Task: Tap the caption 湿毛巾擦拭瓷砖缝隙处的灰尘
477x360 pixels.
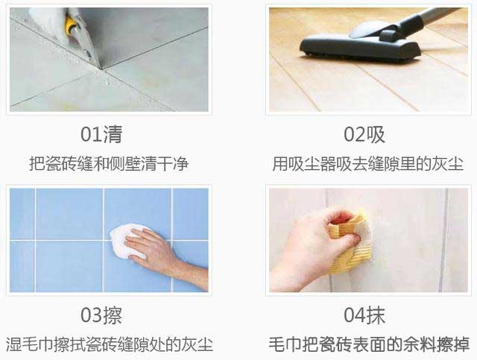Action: pyautogui.click(x=109, y=344)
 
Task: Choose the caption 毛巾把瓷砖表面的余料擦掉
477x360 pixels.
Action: pyautogui.click(x=369, y=344)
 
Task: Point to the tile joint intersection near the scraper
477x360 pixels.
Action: pyautogui.click(x=101, y=66)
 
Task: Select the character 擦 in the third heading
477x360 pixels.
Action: pyautogui.click(x=112, y=315)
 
